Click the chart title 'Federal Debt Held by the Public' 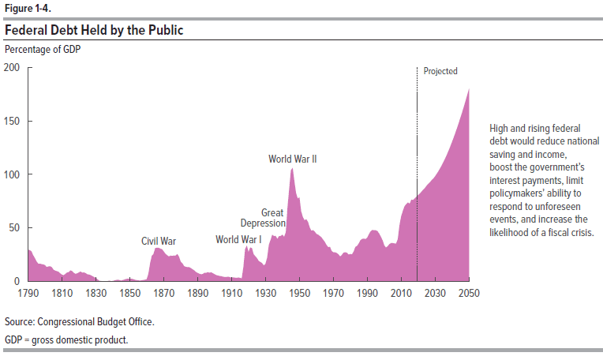[95, 31]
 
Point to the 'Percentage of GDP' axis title [43, 49]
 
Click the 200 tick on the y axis [13, 68]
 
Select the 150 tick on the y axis [13, 121]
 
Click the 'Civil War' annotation [159, 241]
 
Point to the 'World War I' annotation [238, 239]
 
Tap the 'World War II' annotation [293, 159]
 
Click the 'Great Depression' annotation [263, 218]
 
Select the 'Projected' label [440, 71]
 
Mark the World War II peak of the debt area [292, 169]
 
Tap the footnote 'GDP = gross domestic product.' [66, 339]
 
